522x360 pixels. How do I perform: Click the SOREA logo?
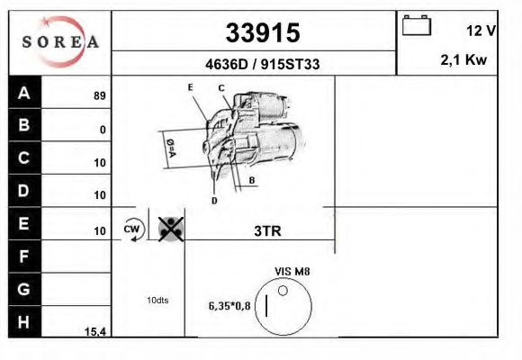60,42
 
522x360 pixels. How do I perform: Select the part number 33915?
263,32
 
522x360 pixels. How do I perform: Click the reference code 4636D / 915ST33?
262,64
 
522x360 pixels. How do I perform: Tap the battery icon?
417,25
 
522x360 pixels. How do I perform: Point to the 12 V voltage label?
481,31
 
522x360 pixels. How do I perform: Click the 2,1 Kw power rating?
463,60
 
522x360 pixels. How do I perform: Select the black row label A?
24,93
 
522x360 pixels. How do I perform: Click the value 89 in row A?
100,96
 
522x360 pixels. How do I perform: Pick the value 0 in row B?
103,130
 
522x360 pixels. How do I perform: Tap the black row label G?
24,289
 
